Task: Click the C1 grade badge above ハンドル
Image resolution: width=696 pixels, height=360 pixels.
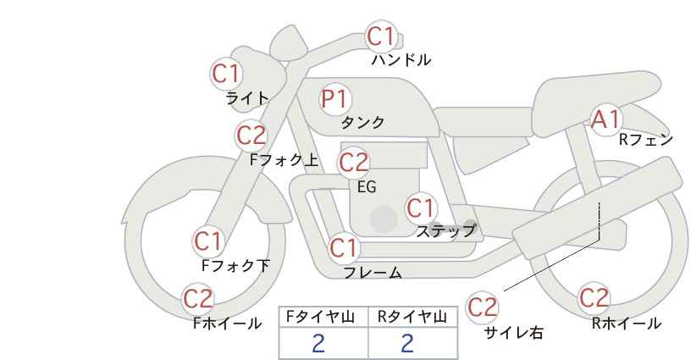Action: [381, 36]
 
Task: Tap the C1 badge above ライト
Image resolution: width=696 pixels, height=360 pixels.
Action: [226, 74]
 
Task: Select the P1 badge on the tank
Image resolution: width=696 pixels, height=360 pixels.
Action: [334, 99]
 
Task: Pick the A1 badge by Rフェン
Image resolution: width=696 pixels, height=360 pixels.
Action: [606, 119]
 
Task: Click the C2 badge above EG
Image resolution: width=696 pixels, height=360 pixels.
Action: [354, 161]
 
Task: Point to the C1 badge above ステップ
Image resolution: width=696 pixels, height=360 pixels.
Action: [421, 208]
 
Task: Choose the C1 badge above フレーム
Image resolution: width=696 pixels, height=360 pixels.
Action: [344, 249]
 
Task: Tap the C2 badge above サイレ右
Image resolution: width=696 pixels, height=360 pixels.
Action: [483, 307]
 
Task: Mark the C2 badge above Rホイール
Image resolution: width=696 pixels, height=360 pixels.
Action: [594, 298]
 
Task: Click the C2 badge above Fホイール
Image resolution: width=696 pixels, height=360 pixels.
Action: [199, 298]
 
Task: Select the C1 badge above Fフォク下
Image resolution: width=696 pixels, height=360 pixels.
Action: [208, 241]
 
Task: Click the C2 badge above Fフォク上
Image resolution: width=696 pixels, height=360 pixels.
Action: [251, 135]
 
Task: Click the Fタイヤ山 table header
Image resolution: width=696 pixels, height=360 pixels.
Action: [323, 317]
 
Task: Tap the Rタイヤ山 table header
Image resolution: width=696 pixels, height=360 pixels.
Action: [412, 317]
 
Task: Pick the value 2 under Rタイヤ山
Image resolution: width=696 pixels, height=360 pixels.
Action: [407, 343]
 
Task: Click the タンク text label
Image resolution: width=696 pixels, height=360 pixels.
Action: [362, 122]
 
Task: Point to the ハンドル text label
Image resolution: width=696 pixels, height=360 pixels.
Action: [401, 60]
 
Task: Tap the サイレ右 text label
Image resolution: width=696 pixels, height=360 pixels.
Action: [513, 332]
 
